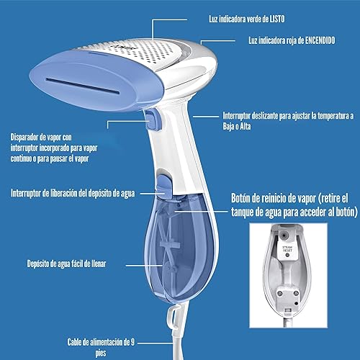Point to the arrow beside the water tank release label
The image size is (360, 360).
coord(148,193)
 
